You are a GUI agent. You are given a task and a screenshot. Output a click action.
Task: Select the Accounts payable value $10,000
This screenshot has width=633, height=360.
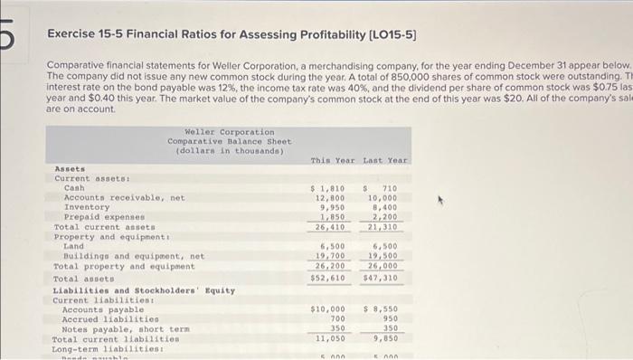click(326, 309)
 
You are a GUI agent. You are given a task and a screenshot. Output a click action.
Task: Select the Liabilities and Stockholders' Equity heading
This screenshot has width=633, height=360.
click(144, 290)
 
